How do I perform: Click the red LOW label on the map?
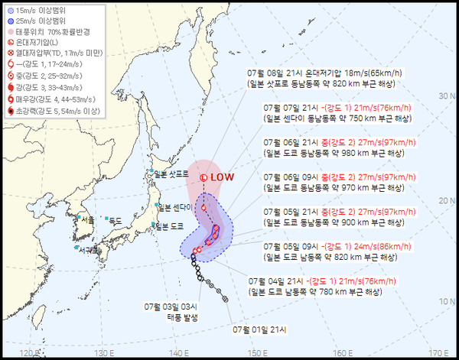tap(223, 177)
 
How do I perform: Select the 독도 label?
tap(116, 220)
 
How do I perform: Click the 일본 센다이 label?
tap(175, 207)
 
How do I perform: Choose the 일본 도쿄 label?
tap(170, 226)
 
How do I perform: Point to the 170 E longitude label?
tap(438, 352)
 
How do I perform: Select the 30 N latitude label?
tap(448, 96)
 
